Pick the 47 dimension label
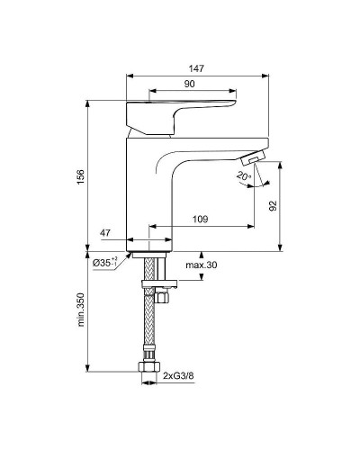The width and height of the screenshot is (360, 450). (106, 233)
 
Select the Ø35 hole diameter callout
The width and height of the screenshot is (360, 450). (106, 264)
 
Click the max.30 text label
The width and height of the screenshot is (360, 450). (201, 265)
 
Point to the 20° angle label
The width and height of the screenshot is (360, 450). (242, 176)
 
